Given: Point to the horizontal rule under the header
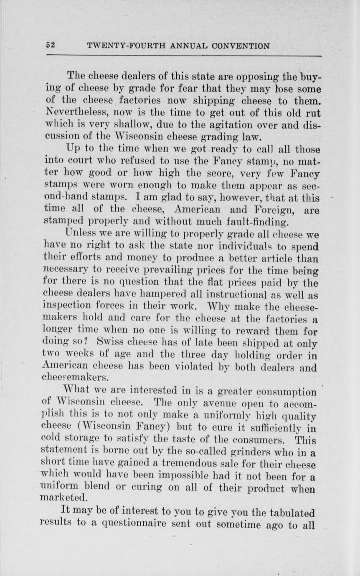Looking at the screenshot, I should [x=184, y=55].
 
